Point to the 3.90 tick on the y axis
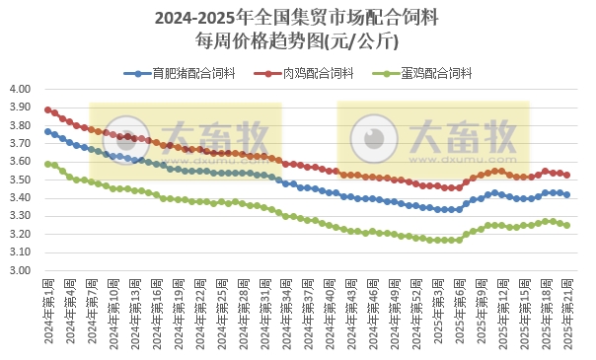click(x=21, y=108)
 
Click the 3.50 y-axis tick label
click(x=21, y=180)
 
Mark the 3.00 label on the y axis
click(x=21, y=270)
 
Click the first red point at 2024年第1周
click(x=48, y=109)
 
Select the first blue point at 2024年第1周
click(x=48, y=131)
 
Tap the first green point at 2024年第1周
click(x=48, y=164)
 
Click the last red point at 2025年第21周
click(x=566, y=176)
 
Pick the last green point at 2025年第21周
click(x=566, y=225)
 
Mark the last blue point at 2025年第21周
click(x=566, y=194)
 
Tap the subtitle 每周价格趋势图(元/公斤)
click(x=297, y=41)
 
